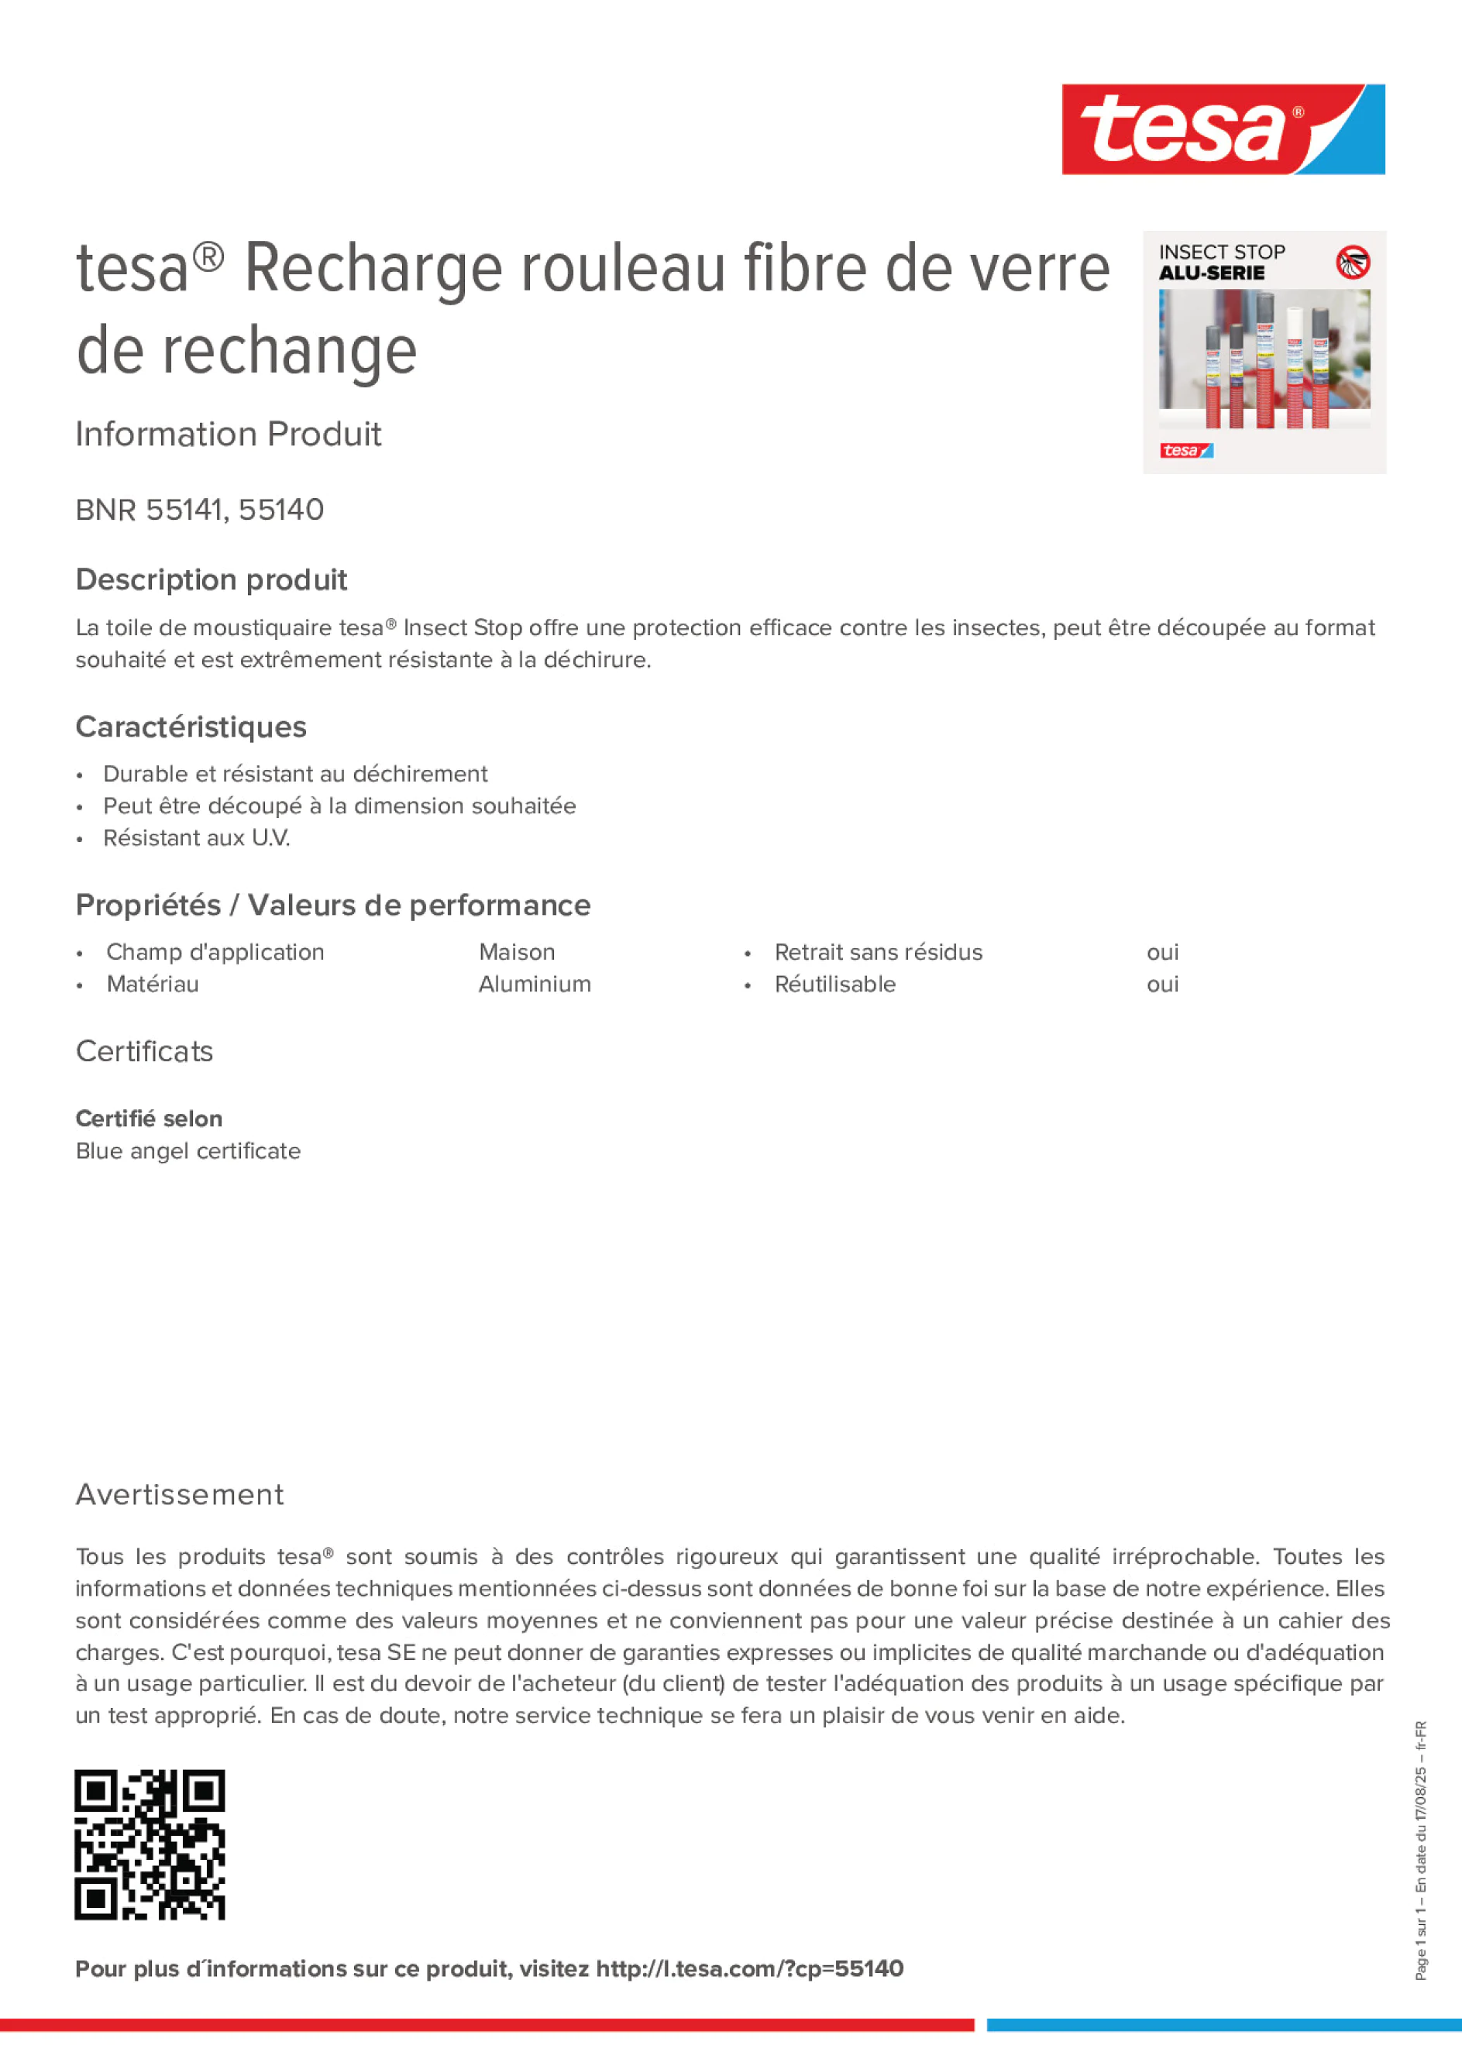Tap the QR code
coord(150,1844)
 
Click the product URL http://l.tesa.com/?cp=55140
coord(749,1968)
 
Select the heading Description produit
coord(211,579)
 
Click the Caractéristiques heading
coord(191,727)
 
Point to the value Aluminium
coord(535,984)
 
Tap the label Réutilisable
coord(834,984)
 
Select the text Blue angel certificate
coord(188,1151)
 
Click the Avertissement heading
coord(180,1494)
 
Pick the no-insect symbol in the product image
coord(1352,263)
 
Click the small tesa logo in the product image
coord(1186,450)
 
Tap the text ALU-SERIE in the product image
coord(1212,273)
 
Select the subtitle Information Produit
coord(228,435)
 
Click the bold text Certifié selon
coord(149,1119)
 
